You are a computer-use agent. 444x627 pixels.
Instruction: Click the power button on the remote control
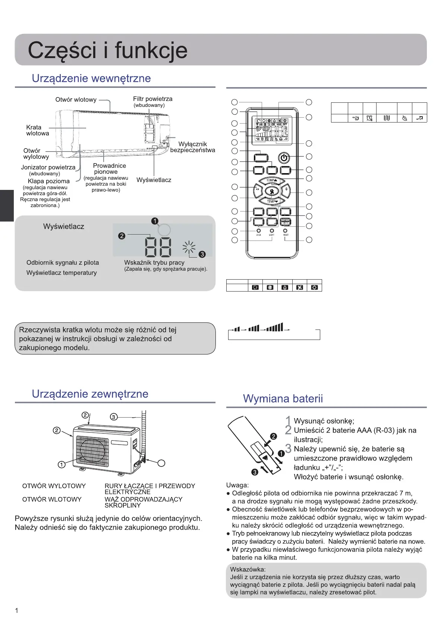[x=284, y=157]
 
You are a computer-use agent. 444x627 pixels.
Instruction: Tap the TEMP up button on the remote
[x=272, y=181]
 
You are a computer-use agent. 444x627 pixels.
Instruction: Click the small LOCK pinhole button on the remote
[x=258, y=230]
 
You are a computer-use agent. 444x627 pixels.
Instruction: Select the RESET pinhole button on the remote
[x=285, y=230]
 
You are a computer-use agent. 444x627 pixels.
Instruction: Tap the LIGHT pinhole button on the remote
[x=272, y=230]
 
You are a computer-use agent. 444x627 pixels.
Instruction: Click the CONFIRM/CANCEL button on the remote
[x=285, y=222]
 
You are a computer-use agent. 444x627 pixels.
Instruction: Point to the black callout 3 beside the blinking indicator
[x=202, y=254]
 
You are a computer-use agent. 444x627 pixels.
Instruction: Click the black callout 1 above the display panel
[x=155, y=221]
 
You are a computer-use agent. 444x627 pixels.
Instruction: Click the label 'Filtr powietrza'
[x=152, y=99]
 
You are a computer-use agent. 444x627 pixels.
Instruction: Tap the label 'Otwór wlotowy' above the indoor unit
[x=76, y=99]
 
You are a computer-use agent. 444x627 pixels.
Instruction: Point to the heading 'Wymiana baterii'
[x=283, y=398]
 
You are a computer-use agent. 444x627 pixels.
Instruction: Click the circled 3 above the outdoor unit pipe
[x=114, y=417]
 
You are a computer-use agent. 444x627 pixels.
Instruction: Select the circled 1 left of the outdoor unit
[x=62, y=464]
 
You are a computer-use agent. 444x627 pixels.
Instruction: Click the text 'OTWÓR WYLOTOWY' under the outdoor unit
[x=54, y=486]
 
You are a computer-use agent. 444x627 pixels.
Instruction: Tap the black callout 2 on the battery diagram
[x=273, y=436]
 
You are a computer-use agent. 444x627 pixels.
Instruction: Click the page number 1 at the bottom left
[x=16, y=610]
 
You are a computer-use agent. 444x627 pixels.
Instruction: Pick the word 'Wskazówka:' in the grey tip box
[x=248, y=569]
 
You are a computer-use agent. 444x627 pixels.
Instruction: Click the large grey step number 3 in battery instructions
[x=288, y=449]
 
